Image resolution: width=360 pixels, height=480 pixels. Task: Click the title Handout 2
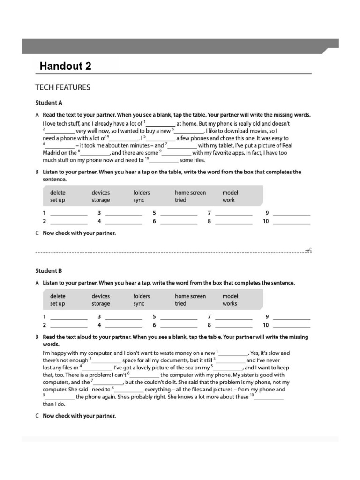point(65,66)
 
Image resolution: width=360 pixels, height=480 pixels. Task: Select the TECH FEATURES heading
point(63,87)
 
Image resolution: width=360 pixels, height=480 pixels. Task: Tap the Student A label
point(49,103)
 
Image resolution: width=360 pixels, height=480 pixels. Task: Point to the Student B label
point(49,271)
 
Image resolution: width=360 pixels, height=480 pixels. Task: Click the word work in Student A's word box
point(229,200)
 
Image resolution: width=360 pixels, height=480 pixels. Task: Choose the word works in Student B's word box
point(230,304)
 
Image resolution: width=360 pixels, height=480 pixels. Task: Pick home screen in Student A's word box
point(190,193)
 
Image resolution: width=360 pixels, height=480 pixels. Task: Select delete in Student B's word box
point(58,296)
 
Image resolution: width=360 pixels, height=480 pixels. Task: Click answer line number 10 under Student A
point(292,222)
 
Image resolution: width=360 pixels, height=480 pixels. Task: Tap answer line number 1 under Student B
point(68,318)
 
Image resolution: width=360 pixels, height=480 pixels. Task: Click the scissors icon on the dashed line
point(308,251)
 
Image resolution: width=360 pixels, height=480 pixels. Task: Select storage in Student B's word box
point(101,304)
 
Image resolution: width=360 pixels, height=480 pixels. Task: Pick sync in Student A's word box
point(139,200)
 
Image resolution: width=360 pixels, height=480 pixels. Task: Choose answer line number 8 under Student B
point(233,325)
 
